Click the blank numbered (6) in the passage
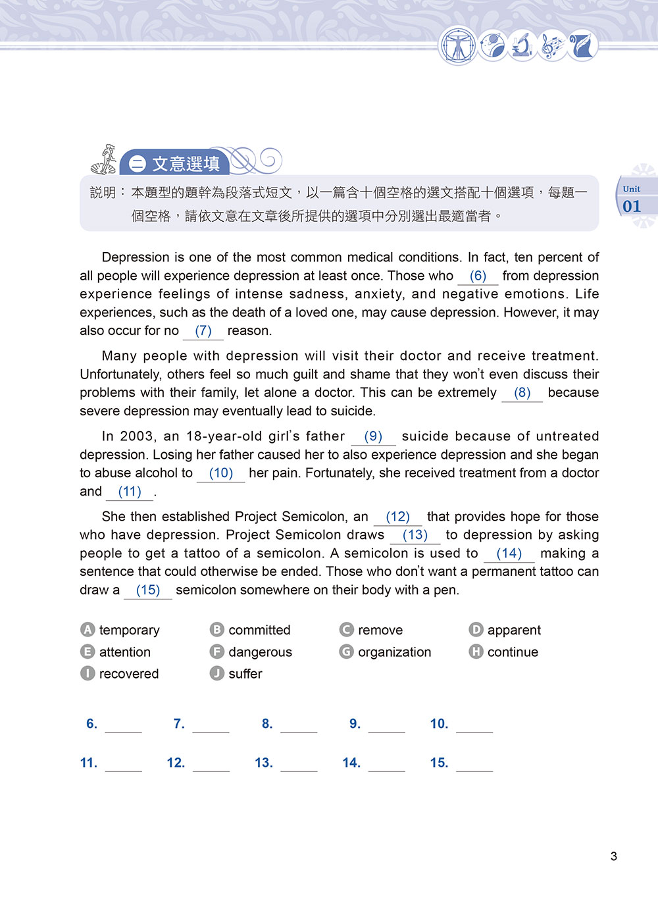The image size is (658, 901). pos(478,276)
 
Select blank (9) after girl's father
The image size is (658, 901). pos(373,437)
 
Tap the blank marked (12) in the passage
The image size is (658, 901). pos(397,517)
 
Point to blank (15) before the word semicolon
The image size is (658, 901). pos(148,591)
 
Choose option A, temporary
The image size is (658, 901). pos(129,631)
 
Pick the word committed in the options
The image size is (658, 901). pos(259,631)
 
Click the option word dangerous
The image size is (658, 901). pos(260,652)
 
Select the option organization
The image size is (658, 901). pos(394,652)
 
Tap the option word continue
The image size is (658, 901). pos(513,652)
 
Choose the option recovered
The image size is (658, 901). pos(129,674)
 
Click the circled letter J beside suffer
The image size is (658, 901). pos(217,674)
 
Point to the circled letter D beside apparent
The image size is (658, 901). pos(476,630)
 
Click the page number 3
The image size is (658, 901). pos(614,856)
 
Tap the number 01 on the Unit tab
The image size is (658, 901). pos(632,207)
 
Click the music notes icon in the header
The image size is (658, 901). pos(552,46)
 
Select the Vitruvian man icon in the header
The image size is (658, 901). pos(457,46)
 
